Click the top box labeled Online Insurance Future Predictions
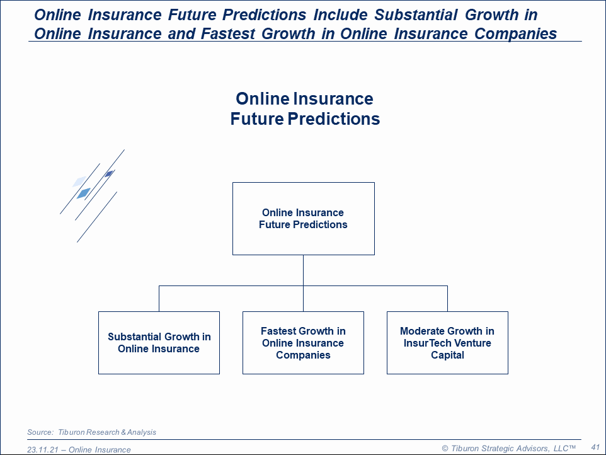[304, 219]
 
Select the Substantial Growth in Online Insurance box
[159, 342]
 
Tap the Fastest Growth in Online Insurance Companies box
[303, 342]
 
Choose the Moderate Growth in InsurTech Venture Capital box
[447, 342]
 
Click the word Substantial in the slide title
[416, 14]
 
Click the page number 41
[595, 447]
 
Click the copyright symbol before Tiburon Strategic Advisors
[445, 449]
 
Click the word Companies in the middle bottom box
[303, 355]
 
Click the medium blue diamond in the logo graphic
[84, 193]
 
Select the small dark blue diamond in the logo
[109, 173]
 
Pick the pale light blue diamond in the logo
[79, 181]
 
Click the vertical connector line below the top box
[304, 283]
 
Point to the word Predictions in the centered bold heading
[334, 118]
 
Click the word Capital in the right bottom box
[447, 355]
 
